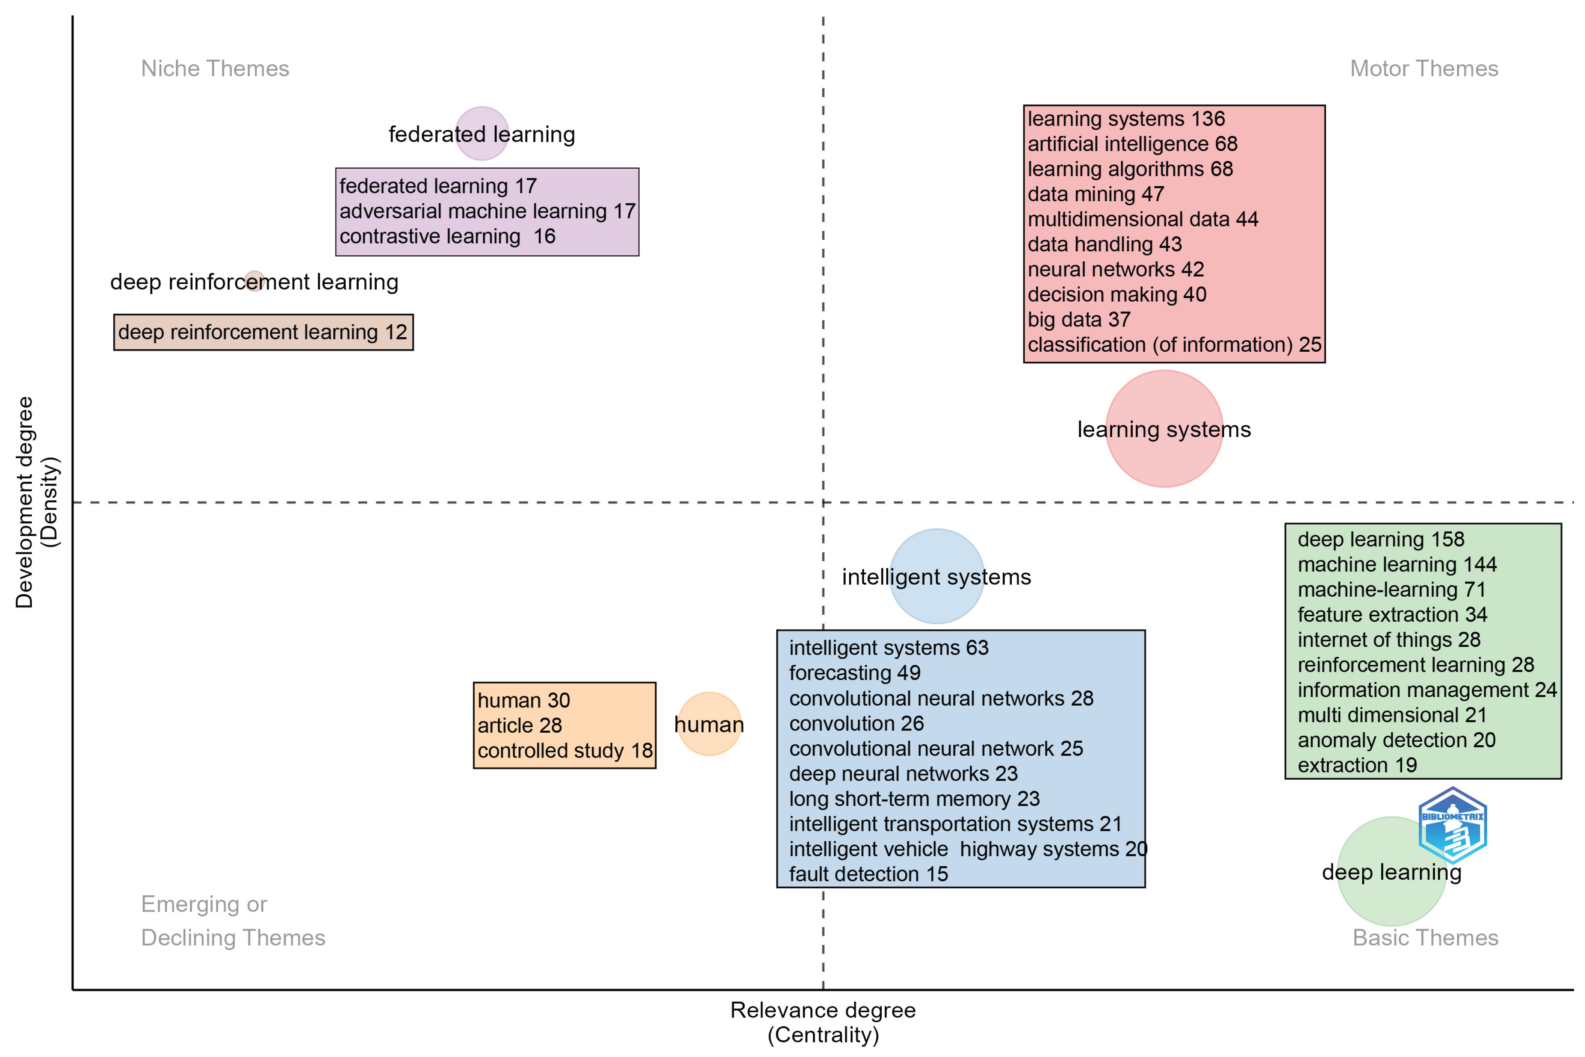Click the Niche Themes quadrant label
click(x=215, y=69)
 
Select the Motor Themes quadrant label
click(x=1423, y=69)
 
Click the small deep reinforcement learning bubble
click(x=254, y=281)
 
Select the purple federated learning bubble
click(x=481, y=133)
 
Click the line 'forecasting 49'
click(x=854, y=673)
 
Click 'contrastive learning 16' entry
click(x=447, y=237)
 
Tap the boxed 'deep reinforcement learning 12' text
click(x=263, y=332)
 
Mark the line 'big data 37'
click(x=1079, y=320)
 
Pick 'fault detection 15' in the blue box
click(x=868, y=874)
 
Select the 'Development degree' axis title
click(x=24, y=502)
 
